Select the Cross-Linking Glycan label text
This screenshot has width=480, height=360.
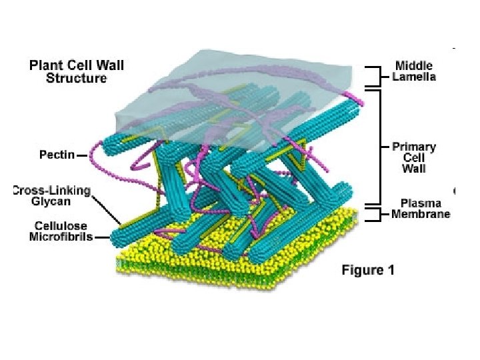coord(52,196)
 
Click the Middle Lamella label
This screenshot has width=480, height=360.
coord(414,71)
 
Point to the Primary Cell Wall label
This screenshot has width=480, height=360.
coord(413,157)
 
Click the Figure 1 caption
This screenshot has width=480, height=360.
coord(368,270)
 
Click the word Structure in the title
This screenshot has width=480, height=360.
coord(76,78)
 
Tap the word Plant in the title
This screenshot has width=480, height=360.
coord(46,65)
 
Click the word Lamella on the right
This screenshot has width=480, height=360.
coord(414,77)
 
